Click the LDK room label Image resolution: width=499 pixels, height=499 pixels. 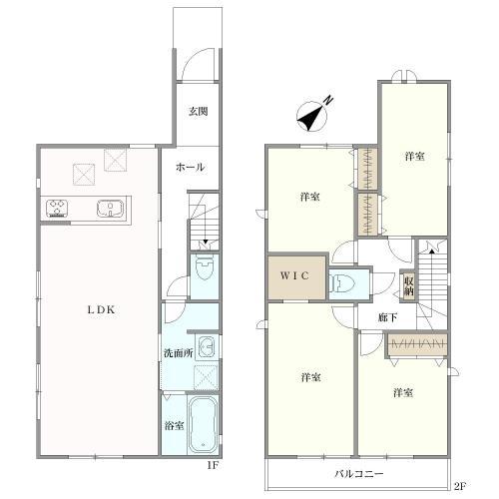102,310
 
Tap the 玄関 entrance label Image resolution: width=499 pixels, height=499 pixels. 199,111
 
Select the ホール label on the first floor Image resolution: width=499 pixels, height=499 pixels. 190,167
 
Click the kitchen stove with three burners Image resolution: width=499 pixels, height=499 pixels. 57,209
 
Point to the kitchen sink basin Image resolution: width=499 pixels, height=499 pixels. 110,209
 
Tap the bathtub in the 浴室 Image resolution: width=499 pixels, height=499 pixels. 203,424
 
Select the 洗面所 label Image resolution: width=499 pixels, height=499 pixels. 179,353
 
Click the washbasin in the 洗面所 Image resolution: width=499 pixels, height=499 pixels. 207,347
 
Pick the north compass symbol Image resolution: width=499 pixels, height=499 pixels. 312,116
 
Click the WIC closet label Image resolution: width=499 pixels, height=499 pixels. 294,275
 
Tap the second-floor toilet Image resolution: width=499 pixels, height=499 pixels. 341,284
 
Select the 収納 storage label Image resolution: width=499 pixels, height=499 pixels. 409,286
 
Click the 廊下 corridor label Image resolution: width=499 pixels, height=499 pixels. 387,317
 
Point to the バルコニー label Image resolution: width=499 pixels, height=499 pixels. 359,474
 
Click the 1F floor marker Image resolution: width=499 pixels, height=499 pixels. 213,465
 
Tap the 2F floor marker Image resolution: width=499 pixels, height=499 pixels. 460,486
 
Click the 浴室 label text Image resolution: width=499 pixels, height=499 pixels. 175,425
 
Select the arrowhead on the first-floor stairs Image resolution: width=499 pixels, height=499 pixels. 206,242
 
